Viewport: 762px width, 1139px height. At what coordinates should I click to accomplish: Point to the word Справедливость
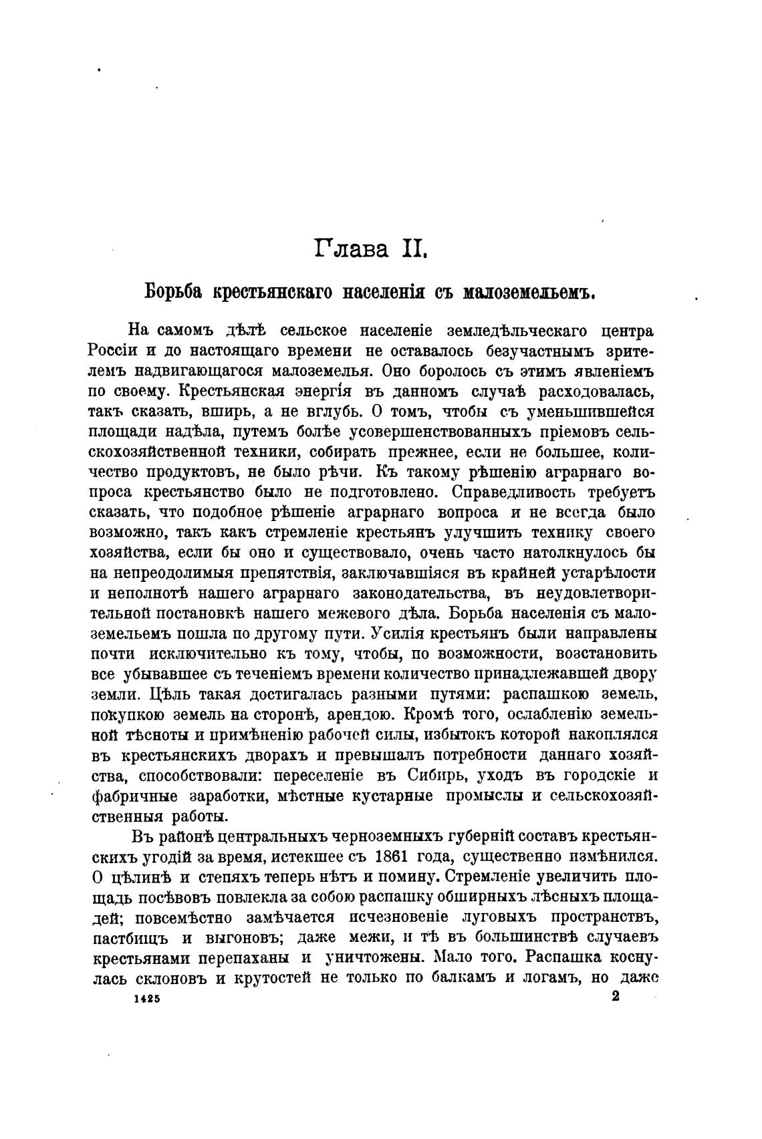point(502,492)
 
